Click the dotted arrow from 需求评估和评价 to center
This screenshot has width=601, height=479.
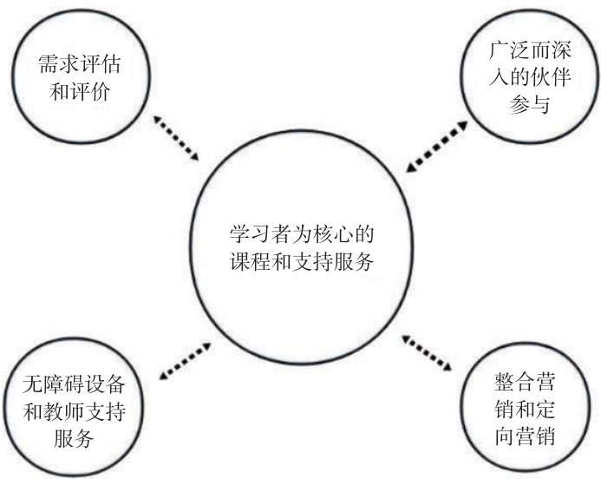pyautogui.click(x=177, y=137)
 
